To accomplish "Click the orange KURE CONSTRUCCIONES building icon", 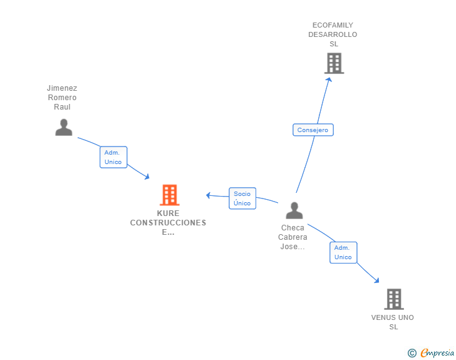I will coord(169,195).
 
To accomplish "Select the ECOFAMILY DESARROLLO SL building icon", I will coord(334,63).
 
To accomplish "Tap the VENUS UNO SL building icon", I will coord(393,299).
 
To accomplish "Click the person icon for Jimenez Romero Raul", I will coord(63,127).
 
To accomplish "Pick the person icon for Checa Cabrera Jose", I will coord(294,210).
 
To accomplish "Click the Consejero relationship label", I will coord(313,130).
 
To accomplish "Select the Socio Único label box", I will coord(242,198).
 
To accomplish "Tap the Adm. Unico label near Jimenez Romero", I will coord(113,157).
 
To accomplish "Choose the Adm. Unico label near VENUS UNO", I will coord(343,252).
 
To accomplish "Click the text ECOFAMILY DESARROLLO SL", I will coord(333,34).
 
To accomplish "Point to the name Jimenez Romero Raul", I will coord(62,98).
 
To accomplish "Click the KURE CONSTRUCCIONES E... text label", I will coord(168,223).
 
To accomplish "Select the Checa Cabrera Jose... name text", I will coord(293,237).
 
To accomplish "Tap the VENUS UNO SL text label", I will coord(393,322).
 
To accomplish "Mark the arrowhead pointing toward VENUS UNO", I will coord(377,280).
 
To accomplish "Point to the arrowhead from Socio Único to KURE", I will coord(209,195).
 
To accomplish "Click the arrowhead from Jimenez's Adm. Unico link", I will coord(147,177).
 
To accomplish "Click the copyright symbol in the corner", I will coord(412,353).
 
